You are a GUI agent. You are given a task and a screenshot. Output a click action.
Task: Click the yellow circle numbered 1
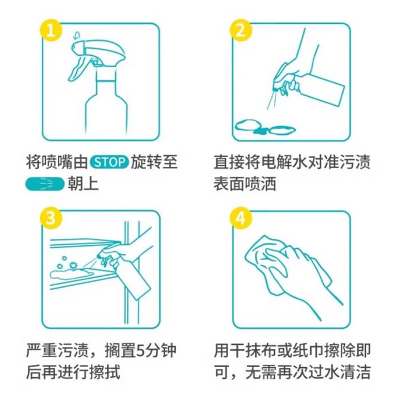tap(50, 31)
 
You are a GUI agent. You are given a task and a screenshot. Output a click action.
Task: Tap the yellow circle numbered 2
tap(241, 31)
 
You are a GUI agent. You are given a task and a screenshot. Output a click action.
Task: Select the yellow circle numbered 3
tap(50, 218)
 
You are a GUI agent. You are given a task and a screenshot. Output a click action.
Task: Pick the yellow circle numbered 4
tap(241, 218)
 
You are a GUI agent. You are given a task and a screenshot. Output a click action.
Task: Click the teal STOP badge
tap(109, 162)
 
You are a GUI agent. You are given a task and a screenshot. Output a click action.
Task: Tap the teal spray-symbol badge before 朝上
tap(45, 184)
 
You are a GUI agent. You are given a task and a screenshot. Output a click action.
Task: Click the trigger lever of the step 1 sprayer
tap(78, 68)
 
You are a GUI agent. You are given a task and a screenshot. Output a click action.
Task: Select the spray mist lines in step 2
tap(271, 101)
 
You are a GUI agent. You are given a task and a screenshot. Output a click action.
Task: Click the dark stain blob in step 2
tap(261, 131)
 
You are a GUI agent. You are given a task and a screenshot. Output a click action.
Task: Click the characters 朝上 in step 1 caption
tap(83, 184)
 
